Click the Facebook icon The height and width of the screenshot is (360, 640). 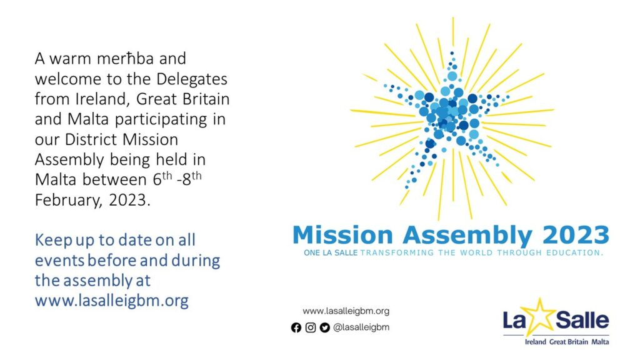click(296, 327)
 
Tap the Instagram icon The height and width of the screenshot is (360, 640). click(311, 327)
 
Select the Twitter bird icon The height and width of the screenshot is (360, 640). click(325, 327)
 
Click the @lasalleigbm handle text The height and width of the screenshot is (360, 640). click(361, 327)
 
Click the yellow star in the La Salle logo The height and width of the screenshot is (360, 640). click(539, 317)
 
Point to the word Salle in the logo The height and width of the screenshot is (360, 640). click(582, 319)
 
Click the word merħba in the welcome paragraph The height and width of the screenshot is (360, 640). click(125, 59)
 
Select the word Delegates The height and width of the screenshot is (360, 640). click(192, 79)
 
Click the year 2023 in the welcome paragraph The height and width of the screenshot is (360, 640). click(127, 200)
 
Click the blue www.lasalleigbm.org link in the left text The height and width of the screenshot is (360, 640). click(111, 301)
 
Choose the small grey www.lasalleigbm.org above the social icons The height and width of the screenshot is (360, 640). click(346, 311)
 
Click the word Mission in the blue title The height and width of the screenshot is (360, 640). click(342, 235)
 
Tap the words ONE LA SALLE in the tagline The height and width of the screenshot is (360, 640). click(331, 253)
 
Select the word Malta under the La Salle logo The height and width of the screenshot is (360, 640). click(600, 342)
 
